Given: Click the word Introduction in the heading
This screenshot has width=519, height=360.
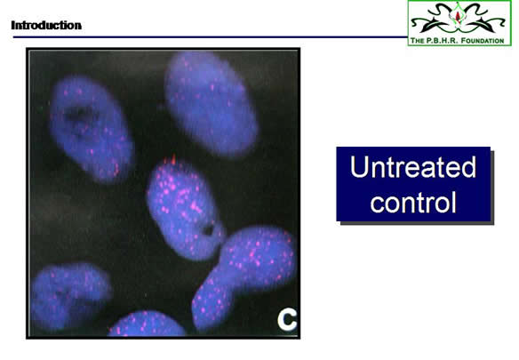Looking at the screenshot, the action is point(46,25).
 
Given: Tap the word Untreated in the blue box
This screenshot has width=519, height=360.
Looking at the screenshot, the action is point(412,166).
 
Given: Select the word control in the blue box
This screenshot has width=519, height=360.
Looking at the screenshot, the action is point(413,202).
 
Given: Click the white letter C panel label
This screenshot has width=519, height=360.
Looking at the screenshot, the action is point(286,320).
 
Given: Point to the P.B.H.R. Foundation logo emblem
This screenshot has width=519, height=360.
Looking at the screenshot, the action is point(459,19).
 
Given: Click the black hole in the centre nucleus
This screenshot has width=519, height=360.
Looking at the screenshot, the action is point(208,229).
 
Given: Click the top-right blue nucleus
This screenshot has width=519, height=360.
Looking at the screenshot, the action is point(211,104).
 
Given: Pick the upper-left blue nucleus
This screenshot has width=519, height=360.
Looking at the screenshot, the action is point(91,129).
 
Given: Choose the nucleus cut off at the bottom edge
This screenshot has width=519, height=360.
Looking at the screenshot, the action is point(147,324).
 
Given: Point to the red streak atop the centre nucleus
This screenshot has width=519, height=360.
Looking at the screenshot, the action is point(173,159).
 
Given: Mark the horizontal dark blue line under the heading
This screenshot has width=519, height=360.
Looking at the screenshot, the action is point(211,37).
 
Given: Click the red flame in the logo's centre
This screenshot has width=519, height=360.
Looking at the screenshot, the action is point(458,15).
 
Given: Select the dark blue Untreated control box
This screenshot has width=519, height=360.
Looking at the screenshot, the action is point(413,184).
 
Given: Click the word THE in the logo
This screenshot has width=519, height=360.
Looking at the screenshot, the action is point(418,41).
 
